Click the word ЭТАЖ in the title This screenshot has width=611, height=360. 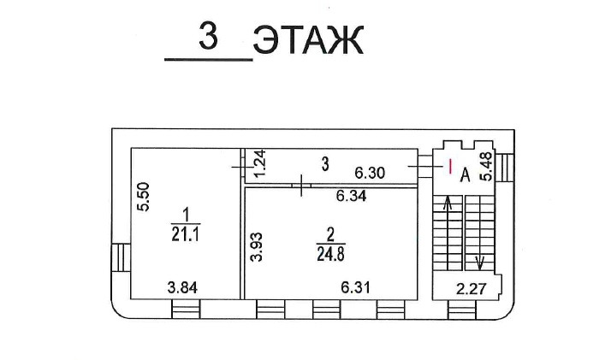pyautogui.click(x=309, y=39)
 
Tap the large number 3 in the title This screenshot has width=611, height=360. pyautogui.click(x=208, y=35)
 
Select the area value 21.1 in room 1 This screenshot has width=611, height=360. pyautogui.click(x=186, y=234)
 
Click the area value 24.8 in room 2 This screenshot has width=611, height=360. pyautogui.click(x=330, y=254)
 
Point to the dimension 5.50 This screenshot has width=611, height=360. pyautogui.click(x=144, y=197)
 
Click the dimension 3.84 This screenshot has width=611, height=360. pyautogui.click(x=182, y=287)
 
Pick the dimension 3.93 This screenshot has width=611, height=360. pyautogui.click(x=257, y=247)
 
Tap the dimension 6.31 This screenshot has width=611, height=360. pyautogui.click(x=355, y=287)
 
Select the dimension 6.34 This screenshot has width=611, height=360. pyautogui.click(x=352, y=196)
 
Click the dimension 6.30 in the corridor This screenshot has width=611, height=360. pyautogui.click(x=370, y=173)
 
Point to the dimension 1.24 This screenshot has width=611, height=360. pyautogui.click(x=259, y=162)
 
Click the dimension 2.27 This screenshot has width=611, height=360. pyautogui.click(x=472, y=289)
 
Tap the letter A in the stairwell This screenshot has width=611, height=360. pyautogui.click(x=465, y=175)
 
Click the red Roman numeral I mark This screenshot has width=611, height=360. pyautogui.click(x=450, y=166)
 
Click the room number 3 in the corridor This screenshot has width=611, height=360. pyautogui.click(x=325, y=164)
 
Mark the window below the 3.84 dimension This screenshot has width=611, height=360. pyautogui.click(x=186, y=309)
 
